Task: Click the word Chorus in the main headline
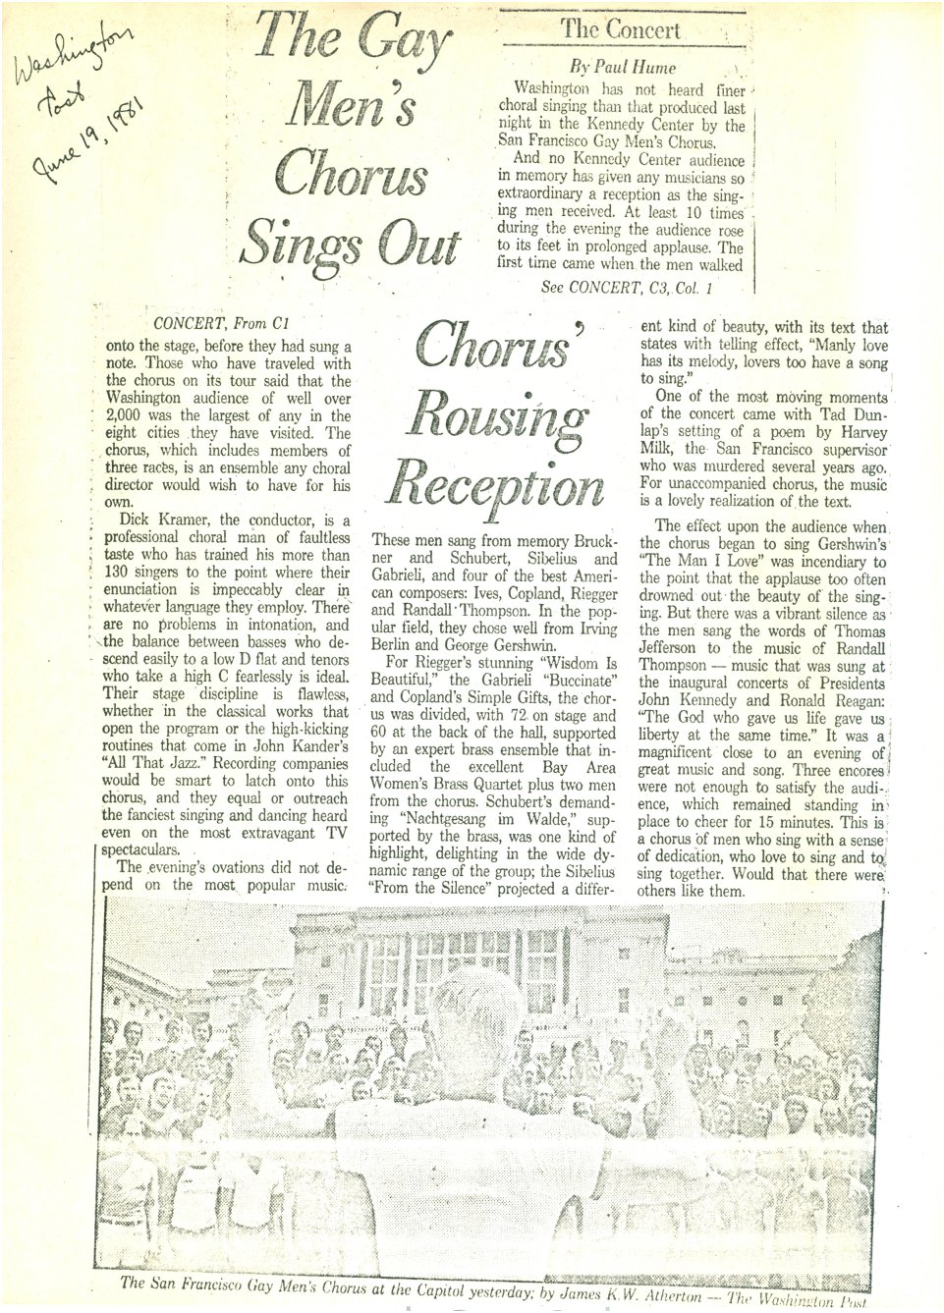[x=352, y=174]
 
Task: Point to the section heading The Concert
[x=621, y=29]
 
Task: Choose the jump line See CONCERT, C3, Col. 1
[x=626, y=288]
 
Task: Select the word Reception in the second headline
[x=495, y=485]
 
